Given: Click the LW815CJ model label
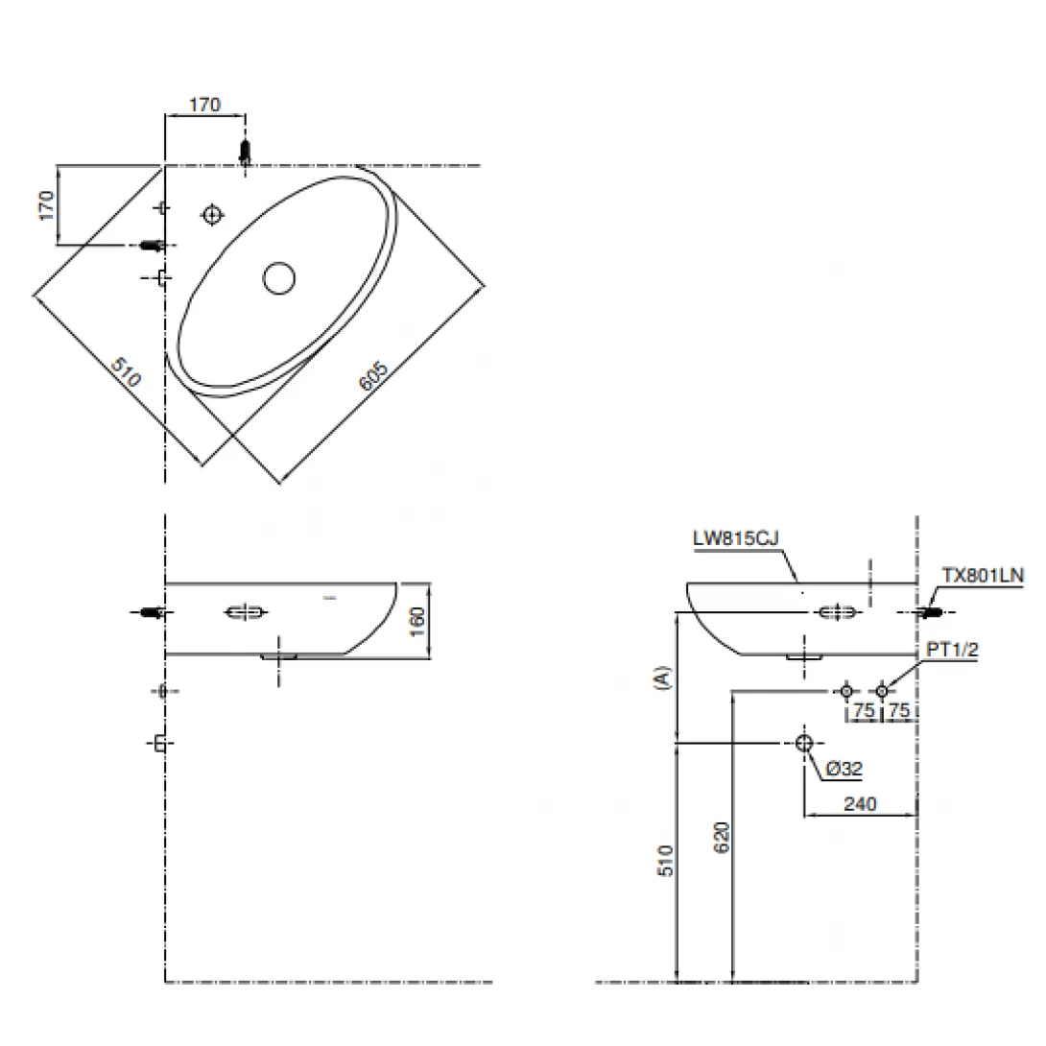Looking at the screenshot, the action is pos(736,538).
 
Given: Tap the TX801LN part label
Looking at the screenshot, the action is pos(983,575).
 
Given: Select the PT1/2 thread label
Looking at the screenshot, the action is pos(952,649).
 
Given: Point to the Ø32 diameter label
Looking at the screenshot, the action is pos(844,769).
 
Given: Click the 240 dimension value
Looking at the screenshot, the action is pos(860,804).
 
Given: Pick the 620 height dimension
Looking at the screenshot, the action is pos(722,837).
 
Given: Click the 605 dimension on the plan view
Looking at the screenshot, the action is pos(373,376).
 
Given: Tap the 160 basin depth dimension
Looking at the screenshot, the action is pos(416,621).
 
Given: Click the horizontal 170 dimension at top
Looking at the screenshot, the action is pos(204,105).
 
